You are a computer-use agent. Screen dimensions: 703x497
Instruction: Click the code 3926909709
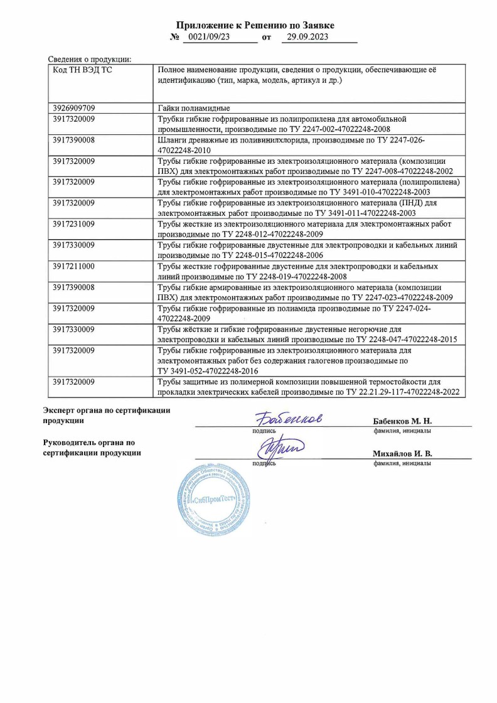(x=74, y=108)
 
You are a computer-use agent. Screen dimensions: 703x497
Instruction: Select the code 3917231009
(x=74, y=224)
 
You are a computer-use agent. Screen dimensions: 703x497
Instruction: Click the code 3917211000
(x=74, y=266)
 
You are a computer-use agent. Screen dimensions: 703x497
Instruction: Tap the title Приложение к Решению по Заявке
(x=255, y=25)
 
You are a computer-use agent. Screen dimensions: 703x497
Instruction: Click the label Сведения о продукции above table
(x=90, y=59)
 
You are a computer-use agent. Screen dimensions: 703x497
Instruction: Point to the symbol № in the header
(x=175, y=38)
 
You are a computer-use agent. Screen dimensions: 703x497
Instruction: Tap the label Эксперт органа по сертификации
(x=106, y=410)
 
